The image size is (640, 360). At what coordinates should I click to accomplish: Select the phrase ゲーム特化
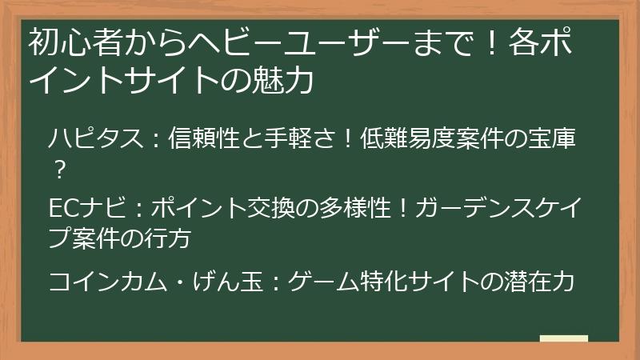(x=348, y=282)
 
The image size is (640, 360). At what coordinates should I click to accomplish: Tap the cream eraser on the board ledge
(x=563, y=338)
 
